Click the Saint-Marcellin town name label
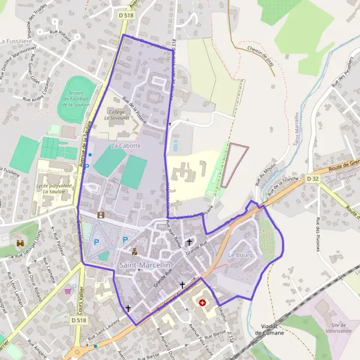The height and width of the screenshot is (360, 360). [x=145, y=264]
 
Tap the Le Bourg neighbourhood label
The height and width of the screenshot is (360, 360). [x=241, y=256]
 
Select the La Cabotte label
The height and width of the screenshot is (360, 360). [x=125, y=146]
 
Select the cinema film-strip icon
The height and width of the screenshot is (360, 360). [x=101, y=214]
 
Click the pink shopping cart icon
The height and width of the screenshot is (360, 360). [x=68, y=291]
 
